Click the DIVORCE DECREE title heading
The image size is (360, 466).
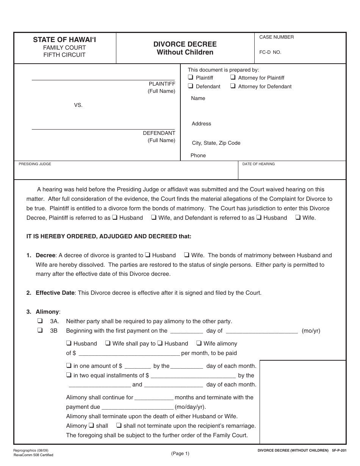(x=185, y=44)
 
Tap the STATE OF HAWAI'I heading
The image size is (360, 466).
(x=64, y=39)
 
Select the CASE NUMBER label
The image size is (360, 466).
(x=276, y=37)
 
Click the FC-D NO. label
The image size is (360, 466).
(x=270, y=52)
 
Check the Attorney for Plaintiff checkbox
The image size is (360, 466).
(x=233, y=77)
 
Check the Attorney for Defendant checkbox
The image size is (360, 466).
(x=233, y=86)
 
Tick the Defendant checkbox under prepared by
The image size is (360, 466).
(x=191, y=86)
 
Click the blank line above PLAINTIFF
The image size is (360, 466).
(x=103, y=80)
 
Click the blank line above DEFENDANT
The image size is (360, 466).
(x=103, y=129)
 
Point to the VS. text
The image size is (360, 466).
(x=78, y=105)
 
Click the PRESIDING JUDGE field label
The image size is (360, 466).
(x=35, y=164)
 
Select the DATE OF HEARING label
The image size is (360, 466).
(x=258, y=164)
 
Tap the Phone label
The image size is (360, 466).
(x=198, y=155)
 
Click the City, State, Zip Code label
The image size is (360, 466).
(x=216, y=143)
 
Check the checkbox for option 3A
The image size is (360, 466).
(x=39, y=321)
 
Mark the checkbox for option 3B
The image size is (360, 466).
(x=39, y=330)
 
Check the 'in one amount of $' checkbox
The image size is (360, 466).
(x=69, y=366)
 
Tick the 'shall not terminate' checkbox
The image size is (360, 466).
(x=119, y=425)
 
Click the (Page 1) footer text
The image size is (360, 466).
(x=180, y=453)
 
